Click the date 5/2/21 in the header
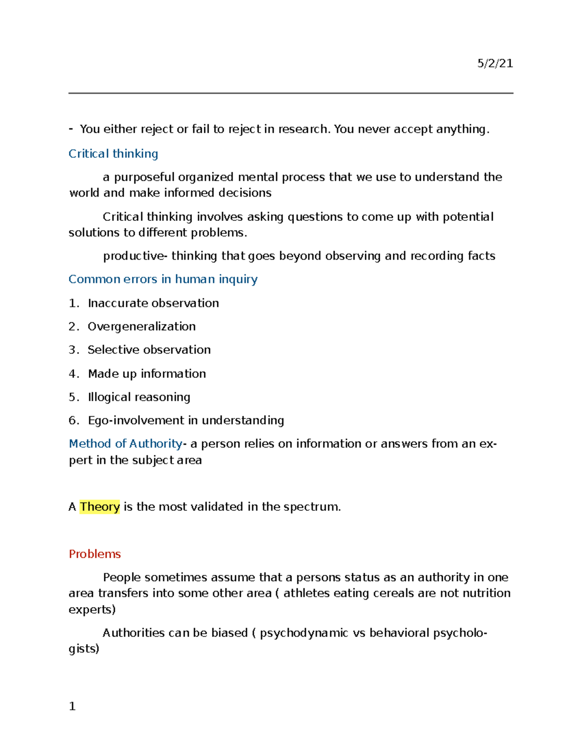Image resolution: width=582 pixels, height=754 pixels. [x=495, y=64]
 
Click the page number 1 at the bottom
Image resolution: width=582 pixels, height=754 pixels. [x=72, y=706]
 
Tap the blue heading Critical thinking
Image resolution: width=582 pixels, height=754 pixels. [x=113, y=154]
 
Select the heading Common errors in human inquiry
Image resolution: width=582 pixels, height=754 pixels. [x=163, y=279]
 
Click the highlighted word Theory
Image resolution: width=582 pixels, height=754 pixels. [x=100, y=507]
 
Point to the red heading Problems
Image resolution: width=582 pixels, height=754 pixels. [x=95, y=554]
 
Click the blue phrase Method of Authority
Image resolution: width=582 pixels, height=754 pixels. [x=126, y=444]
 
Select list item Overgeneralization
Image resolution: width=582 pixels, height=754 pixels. [x=142, y=326]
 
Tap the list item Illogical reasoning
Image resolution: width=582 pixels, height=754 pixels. [x=139, y=397]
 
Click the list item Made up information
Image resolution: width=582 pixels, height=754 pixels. [x=146, y=374]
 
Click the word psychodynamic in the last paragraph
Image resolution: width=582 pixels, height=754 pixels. [x=304, y=633]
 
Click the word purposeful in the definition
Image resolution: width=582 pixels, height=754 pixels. [x=144, y=177]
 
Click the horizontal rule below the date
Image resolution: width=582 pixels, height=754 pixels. [x=291, y=93]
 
